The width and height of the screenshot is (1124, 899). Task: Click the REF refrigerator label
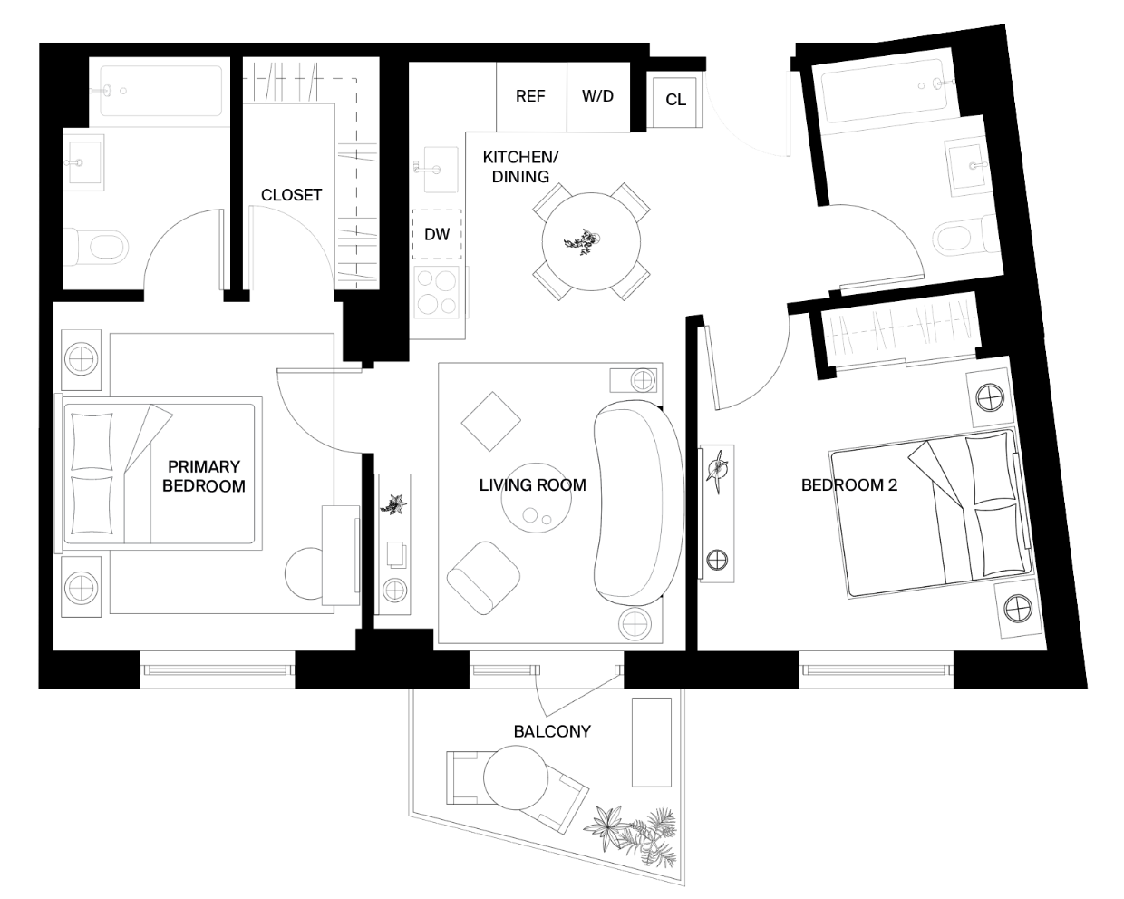(x=530, y=96)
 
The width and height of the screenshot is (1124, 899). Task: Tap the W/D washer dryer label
(x=597, y=96)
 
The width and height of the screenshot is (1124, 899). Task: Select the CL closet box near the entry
(x=675, y=100)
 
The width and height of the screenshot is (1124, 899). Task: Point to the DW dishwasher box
(x=437, y=234)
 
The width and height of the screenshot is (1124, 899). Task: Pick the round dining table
(x=591, y=241)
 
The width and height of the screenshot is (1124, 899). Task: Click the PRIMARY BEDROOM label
(x=203, y=476)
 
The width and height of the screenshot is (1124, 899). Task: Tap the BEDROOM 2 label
(x=848, y=484)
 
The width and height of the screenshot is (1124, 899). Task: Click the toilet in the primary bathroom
(x=101, y=245)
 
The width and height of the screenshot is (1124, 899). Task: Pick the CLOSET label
(x=291, y=195)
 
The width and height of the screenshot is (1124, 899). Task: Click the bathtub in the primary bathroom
(x=160, y=91)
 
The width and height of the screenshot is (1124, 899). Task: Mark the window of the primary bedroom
(x=218, y=669)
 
